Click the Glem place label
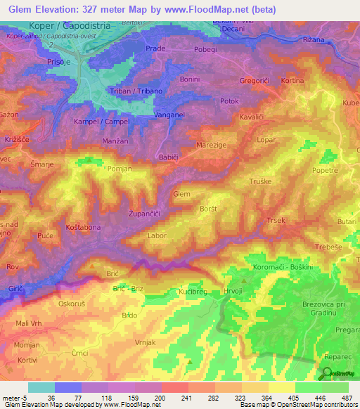(x=181, y=193)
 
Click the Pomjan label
(x=120, y=169)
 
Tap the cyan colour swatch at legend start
(x=41, y=387)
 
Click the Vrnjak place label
(x=144, y=341)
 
